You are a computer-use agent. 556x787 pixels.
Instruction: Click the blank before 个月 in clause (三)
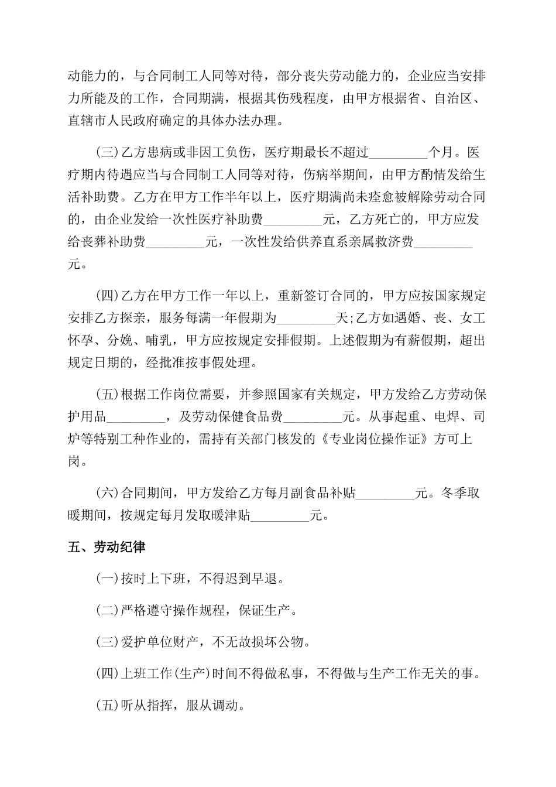pos(399,153)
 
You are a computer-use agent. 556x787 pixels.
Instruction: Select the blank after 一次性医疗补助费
pos(293,220)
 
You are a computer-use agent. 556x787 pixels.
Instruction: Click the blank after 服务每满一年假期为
pos(306,319)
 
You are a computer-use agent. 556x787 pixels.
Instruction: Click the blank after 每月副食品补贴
pos(385,493)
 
